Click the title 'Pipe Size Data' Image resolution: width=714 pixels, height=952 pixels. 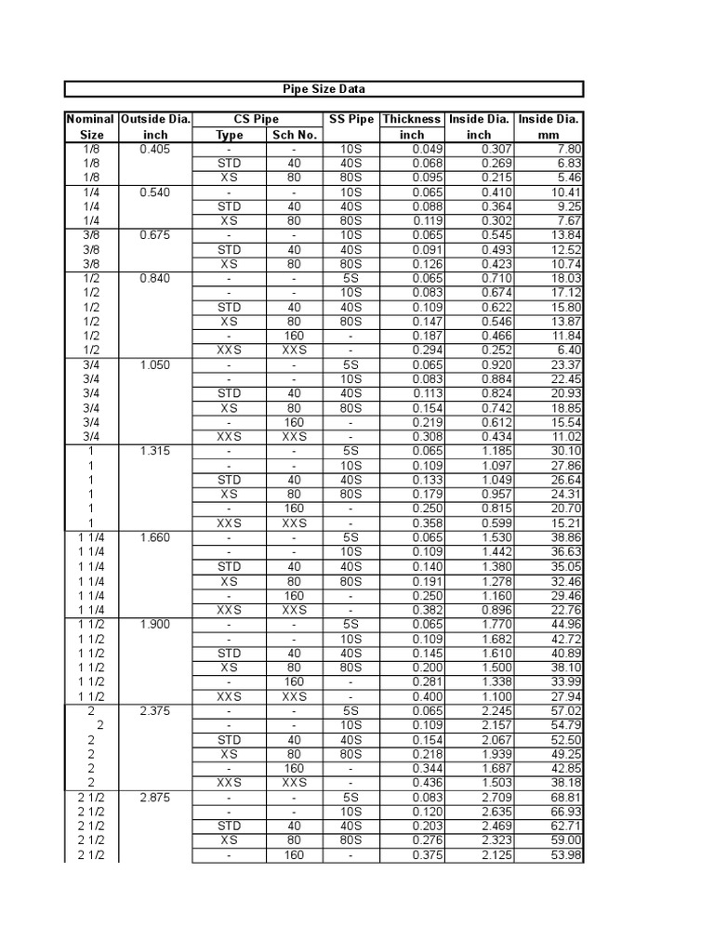[324, 89]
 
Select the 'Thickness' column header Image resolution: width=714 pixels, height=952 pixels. [412, 119]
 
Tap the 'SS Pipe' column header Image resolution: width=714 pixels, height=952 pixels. [350, 119]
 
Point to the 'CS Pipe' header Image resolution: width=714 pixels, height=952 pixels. [257, 119]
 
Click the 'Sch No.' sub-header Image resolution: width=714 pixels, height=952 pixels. [294, 134]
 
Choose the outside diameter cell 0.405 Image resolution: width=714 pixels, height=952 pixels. [154, 149]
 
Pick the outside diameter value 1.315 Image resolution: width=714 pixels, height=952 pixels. [154, 451]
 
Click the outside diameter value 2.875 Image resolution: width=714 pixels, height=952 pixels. [154, 798]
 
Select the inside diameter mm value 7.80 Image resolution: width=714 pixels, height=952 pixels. [568, 149]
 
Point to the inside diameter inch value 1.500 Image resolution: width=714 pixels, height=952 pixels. [495, 668]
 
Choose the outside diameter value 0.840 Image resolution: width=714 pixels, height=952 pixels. [154, 278]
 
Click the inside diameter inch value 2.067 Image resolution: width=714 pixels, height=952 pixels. [495, 740]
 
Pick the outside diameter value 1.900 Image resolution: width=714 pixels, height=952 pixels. [154, 624]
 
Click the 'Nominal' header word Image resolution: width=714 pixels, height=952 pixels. [90, 119]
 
